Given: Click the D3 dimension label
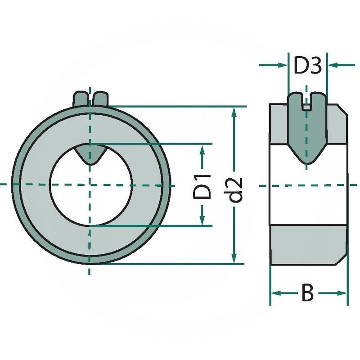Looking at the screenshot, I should [307, 66].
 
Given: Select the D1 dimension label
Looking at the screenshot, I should [202, 185].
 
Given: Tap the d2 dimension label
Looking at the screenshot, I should [234, 189].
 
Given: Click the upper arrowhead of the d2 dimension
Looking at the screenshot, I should [234, 112].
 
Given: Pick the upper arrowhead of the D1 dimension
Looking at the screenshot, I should [202, 150].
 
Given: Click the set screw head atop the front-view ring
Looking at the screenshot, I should [90, 99].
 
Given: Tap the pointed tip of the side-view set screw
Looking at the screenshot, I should [307, 160].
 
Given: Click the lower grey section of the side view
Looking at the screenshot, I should [308, 246].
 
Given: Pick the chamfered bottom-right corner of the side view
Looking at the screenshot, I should [342, 261].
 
